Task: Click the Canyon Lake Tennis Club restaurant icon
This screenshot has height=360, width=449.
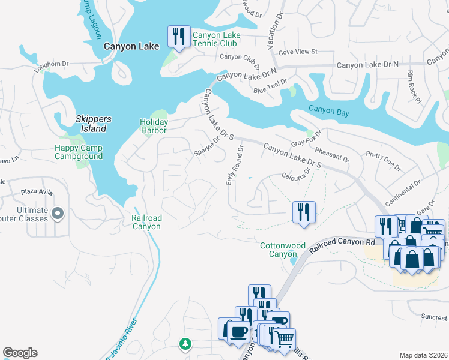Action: pos(178,37)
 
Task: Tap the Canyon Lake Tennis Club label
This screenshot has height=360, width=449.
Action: pos(216,40)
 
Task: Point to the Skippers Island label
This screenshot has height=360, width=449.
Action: pos(91,124)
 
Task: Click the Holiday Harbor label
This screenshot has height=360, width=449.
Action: pos(154,127)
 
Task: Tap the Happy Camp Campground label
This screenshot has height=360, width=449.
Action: pos(79,152)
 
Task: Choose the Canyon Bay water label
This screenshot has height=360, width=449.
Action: pos(329,109)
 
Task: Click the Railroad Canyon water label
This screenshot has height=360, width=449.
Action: pos(146,223)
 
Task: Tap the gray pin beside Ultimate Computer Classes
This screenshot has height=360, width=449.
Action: pos(58,213)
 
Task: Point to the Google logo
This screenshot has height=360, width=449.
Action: pos(20,353)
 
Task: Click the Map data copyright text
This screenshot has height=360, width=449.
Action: pos(423,355)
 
